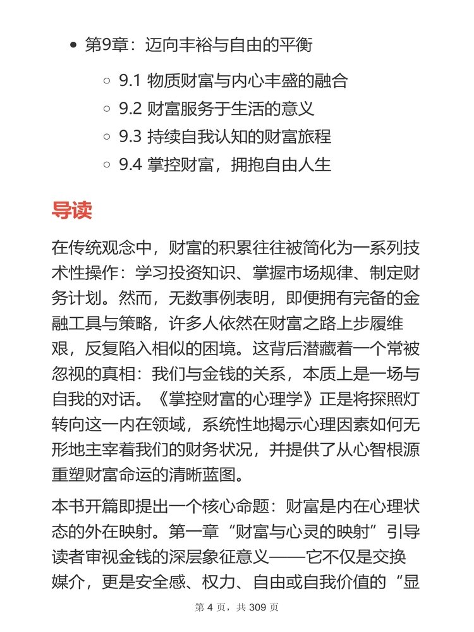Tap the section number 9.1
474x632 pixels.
coord(131,81)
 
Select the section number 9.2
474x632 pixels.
coord(131,109)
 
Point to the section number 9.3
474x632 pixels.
coord(131,137)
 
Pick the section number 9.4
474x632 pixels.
coord(131,164)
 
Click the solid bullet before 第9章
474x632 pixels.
coord(74,46)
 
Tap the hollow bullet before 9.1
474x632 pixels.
coord(107,82)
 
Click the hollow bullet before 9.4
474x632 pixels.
coord(107,165)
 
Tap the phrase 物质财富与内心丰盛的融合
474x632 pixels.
coord(247,81)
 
